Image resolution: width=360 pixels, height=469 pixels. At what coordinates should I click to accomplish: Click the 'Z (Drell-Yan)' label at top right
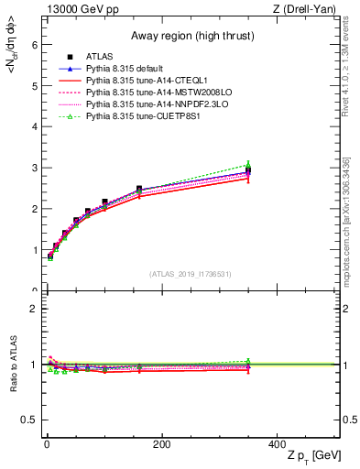click(307, 9)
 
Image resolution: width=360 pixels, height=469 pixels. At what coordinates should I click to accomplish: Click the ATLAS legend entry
click(101, 58)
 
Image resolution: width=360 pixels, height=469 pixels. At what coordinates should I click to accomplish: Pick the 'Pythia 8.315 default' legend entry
click(127, 69)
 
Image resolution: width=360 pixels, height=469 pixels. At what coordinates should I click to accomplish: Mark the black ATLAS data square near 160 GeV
click(139, 190)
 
